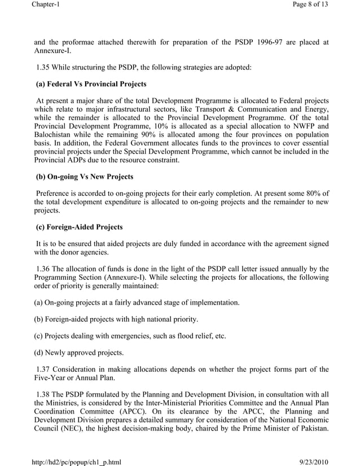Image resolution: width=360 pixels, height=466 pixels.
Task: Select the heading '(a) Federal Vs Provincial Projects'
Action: pyautogui.click(x=91, y=85)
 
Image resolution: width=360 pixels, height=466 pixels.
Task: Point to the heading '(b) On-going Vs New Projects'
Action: pyautogui.click(x=84, y=177)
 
